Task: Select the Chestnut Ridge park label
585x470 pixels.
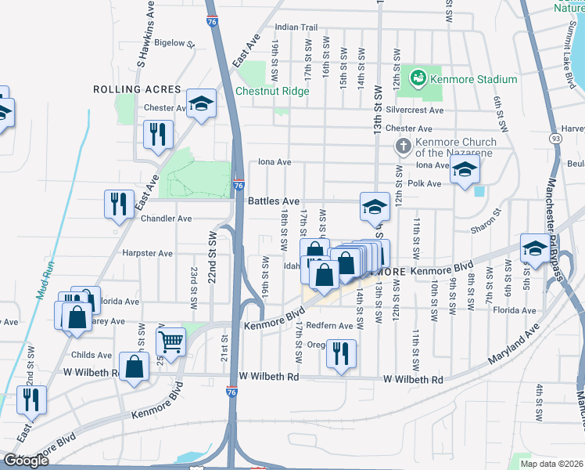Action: click(x=272, y=91)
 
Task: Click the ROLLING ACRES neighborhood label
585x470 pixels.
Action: click(x=137, y=90)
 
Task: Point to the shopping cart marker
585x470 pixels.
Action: click(x=170, y=340)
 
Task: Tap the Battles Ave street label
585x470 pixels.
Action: click(x=274, y=201)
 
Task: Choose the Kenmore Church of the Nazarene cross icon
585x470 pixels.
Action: click(x=403, y=146)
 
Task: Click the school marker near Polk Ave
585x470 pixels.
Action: click(x=465, y=170)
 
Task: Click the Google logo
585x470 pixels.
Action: click(x=27, y=461)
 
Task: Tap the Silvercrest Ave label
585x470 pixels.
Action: click(x=415, y=111)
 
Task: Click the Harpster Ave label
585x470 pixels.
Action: click(x=147, y=254)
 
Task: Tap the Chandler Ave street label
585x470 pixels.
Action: click(x=166, y=219)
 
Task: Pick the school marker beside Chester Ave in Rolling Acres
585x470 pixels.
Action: click(x=202, y=104)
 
